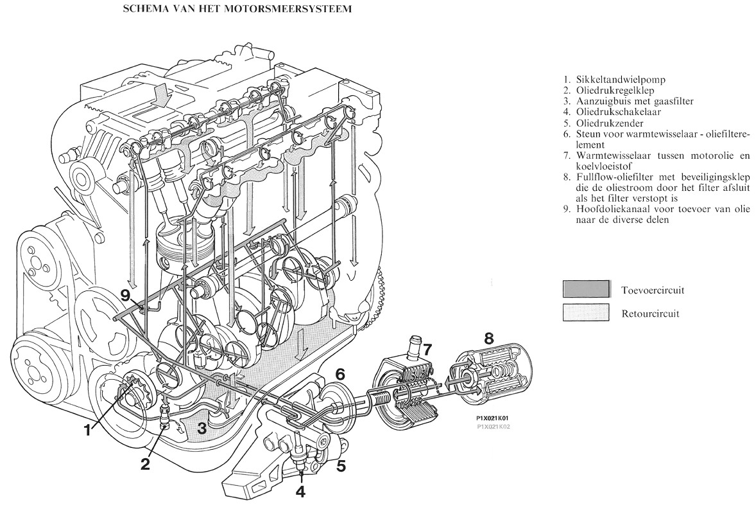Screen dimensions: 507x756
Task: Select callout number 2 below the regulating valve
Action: coord(146,463)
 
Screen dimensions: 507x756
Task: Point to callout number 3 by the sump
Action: coord(202,426)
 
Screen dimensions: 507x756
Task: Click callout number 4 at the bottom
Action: coord(301,491)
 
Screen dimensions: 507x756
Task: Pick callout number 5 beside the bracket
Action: coord(341,466)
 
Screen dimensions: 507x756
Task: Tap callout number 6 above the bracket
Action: coord(340,374)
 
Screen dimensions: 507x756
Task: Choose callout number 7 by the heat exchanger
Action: coord(427,350)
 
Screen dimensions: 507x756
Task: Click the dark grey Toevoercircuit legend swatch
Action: coord(585,289)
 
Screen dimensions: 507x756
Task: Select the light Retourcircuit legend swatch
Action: coord(585,314)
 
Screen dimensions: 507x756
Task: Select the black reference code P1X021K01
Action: coord(492,418)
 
